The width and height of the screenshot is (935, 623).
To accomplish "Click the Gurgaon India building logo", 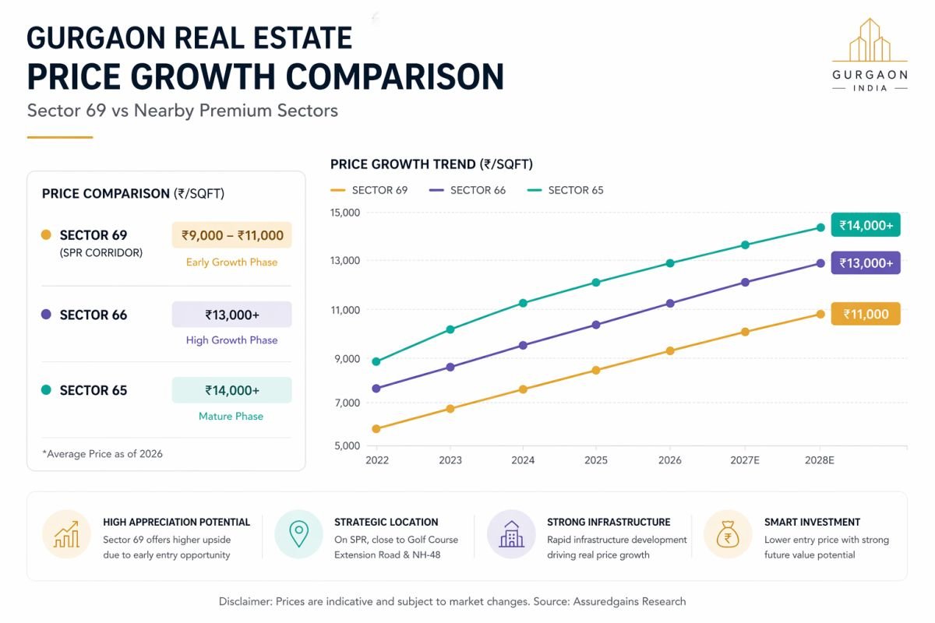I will click(870, 42).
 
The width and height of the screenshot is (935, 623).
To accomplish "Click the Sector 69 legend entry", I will click(369, 190).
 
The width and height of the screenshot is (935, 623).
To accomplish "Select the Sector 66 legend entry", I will click(467, 190).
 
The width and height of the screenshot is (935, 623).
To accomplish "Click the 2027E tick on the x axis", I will click(745, 460).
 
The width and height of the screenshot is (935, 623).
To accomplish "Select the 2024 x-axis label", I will click(523, 460).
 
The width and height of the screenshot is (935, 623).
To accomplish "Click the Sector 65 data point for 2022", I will click(376, 361).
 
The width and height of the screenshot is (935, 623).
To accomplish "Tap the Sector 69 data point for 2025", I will click(596, 370).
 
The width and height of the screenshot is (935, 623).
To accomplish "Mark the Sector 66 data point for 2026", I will click(669, 303).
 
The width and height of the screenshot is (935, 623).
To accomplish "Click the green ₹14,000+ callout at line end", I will click(866, 226).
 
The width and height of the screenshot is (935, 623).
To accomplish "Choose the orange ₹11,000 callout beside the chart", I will click(866, 314).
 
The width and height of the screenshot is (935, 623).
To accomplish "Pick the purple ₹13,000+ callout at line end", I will click(866, 263).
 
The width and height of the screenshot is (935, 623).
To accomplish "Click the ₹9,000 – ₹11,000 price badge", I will click(231, 235).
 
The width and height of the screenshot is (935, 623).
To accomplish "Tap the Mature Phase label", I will click(231, 416).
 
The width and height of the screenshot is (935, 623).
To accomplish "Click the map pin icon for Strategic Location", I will click(298, 534).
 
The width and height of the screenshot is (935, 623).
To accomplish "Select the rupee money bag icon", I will click(727, 534).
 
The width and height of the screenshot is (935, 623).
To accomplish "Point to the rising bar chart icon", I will click(66, 534).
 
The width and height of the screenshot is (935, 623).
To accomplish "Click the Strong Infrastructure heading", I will click(609, 522).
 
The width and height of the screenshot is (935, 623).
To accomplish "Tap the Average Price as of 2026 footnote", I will click(102, 453).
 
